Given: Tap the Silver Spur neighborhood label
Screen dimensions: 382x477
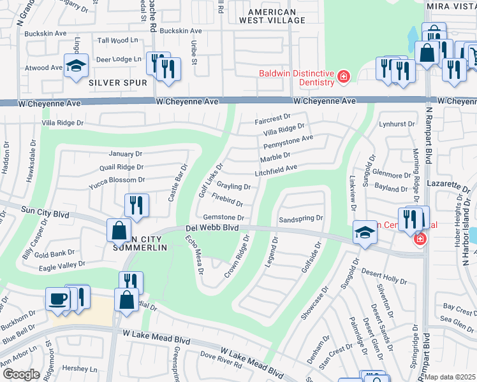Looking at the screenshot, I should pos(117,83).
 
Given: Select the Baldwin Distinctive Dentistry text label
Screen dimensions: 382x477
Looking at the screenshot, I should pos(297,78).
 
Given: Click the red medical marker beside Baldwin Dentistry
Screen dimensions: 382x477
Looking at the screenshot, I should pos(344,77).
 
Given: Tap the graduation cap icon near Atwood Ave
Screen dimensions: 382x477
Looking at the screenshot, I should pos(76,66).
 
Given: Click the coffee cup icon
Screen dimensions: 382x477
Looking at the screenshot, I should pos(58,299).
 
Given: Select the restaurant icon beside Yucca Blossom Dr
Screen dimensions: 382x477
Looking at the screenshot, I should pos(136,204).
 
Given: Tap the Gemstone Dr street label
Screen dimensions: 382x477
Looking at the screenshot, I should pos(223,217).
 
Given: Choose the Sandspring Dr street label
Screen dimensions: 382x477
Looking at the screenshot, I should pos(302,218).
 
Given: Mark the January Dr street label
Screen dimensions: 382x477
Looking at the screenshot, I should pos(125,154).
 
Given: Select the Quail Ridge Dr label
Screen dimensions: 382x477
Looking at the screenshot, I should pos(121,167).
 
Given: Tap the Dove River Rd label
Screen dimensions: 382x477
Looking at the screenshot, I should pos(221,365).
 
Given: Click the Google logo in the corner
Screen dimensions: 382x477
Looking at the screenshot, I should pos(21,374).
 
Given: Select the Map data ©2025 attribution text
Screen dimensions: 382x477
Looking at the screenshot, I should pos(450,377).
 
